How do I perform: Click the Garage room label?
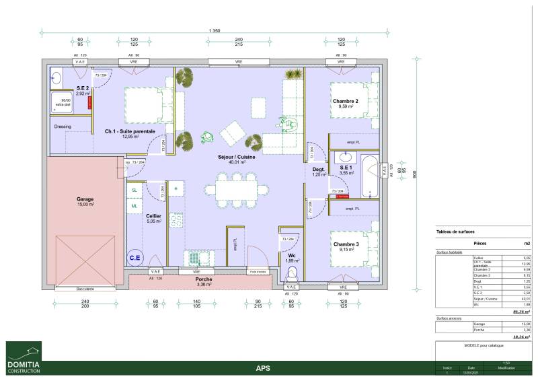(x=85, y=199)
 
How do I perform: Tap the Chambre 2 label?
(x=345, y=101)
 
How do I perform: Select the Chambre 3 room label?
(x=345, y=244)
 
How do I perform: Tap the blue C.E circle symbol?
(x=135, y=256)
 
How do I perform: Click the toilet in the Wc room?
(x=292, y=274)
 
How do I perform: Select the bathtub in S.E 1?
(x=369, y=176)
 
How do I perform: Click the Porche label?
(x=204, y=279)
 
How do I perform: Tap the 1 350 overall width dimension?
(x=215, y=30)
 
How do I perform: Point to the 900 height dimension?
(x=416, y=174)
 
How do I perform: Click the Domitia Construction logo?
(x=24, y=357)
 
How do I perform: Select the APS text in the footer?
(x=264, y=368)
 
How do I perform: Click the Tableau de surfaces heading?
(x=455, y=231)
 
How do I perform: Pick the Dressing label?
(x=63, y=126)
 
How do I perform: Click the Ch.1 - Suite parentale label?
(x=129, y=131)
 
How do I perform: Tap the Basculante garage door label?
(x=85, y=289)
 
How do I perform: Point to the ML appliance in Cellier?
(x=134, y=205)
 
